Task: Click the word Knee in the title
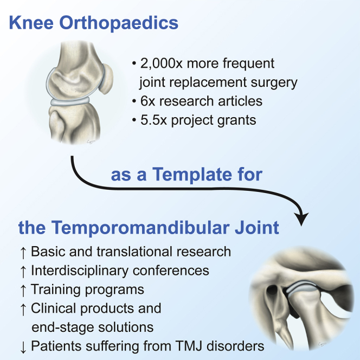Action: click(31, 23)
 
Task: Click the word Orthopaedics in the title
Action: click(119, 23)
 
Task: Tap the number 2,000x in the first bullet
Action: click(161, 63)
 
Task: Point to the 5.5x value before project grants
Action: click(153, 120)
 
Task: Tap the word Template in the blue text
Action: click(192, 174)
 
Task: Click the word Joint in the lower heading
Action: click(256, 228)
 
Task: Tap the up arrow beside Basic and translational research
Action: click(23, 253)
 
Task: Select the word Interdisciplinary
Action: click(80, 271)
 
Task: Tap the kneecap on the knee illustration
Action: click(106, 78)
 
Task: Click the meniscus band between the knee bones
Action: click(70, 101)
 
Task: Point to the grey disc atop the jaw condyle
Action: click(301, 286)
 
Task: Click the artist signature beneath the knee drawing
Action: click(91, 142)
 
